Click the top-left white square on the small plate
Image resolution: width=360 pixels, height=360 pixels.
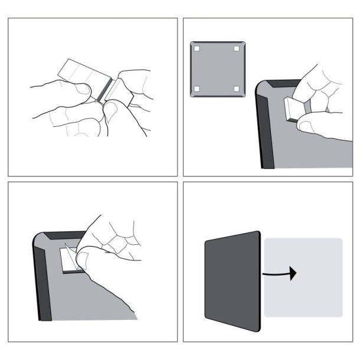198,48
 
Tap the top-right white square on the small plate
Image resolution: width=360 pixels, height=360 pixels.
236,48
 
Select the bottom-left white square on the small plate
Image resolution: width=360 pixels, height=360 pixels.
198,89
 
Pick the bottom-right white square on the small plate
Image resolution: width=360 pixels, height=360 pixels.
236,89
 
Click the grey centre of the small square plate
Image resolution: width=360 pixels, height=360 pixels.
217,68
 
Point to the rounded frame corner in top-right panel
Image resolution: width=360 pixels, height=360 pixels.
261,87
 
